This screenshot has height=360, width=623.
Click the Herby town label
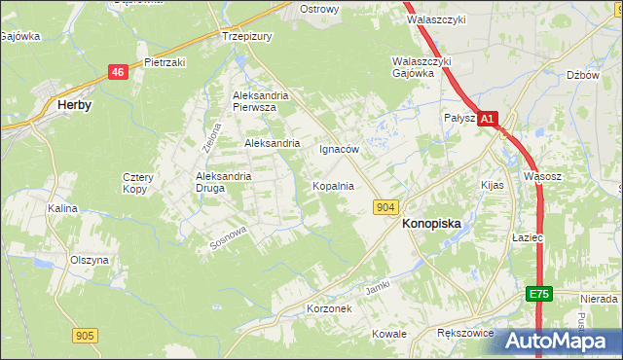75,106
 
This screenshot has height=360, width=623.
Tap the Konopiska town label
431,223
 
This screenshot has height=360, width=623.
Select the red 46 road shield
118,73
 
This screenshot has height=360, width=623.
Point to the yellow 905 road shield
85,336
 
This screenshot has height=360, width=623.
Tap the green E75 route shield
541,293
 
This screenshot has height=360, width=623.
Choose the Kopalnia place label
332,185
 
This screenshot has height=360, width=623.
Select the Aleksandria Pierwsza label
255,102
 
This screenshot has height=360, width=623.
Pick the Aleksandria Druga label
224,182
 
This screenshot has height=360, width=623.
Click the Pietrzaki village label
165,61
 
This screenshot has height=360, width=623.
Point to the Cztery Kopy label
135,182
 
